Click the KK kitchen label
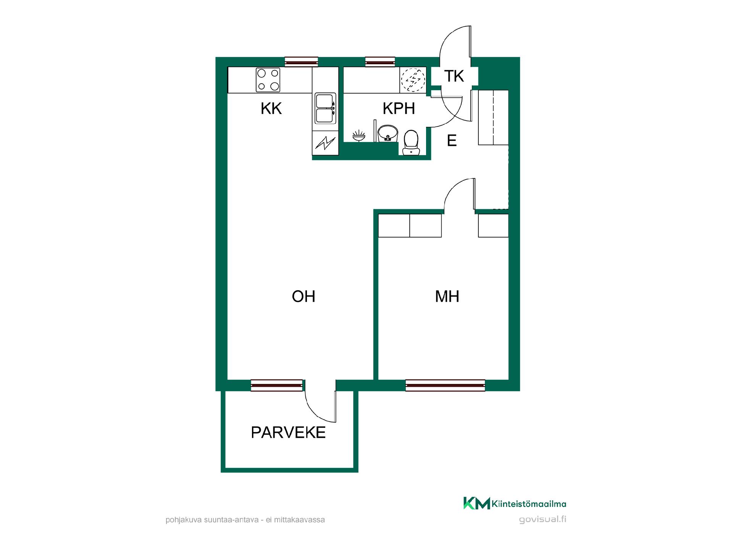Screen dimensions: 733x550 271,108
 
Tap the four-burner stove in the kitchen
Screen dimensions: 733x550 268,79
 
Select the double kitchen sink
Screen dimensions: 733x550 325,108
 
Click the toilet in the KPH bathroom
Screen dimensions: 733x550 411,143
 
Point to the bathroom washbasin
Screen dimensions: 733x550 388,134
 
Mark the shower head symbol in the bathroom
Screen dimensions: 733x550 358,136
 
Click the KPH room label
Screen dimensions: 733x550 399,108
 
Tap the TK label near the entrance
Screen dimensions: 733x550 454,76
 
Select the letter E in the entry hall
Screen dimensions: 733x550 452,141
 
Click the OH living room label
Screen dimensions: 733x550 304,296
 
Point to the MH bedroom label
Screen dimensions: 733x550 447,296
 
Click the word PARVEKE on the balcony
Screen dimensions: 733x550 288,432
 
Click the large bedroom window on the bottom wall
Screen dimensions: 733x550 445,385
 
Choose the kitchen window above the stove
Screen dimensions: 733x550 302,61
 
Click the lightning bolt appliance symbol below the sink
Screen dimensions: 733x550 325,143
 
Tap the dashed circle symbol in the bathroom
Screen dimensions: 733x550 413,80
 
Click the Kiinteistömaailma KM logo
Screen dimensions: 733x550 515,503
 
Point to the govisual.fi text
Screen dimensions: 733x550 542,519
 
